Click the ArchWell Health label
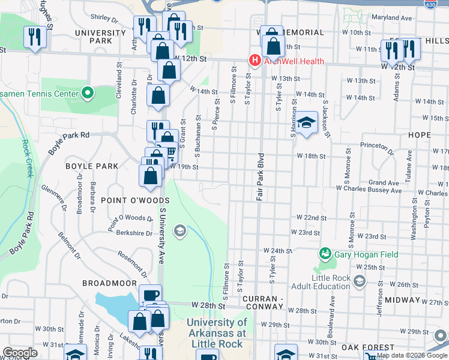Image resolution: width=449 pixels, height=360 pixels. tap(292, 61)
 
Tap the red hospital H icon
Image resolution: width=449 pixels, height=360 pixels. tap(255, 61)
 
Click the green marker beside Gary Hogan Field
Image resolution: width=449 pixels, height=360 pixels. tap(325, 254)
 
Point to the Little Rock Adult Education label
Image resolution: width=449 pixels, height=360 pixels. tap(331, 282)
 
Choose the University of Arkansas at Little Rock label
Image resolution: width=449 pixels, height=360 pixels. tap(216, 332)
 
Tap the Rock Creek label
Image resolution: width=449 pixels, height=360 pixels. tap(26, 159)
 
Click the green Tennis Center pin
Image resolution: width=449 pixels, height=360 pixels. tap(88, 94)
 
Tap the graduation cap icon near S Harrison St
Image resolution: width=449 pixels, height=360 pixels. tap(306, 124)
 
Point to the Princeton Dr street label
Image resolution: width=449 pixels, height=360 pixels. tap(376, 145)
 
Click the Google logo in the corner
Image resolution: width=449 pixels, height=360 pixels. tap(20, 353)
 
